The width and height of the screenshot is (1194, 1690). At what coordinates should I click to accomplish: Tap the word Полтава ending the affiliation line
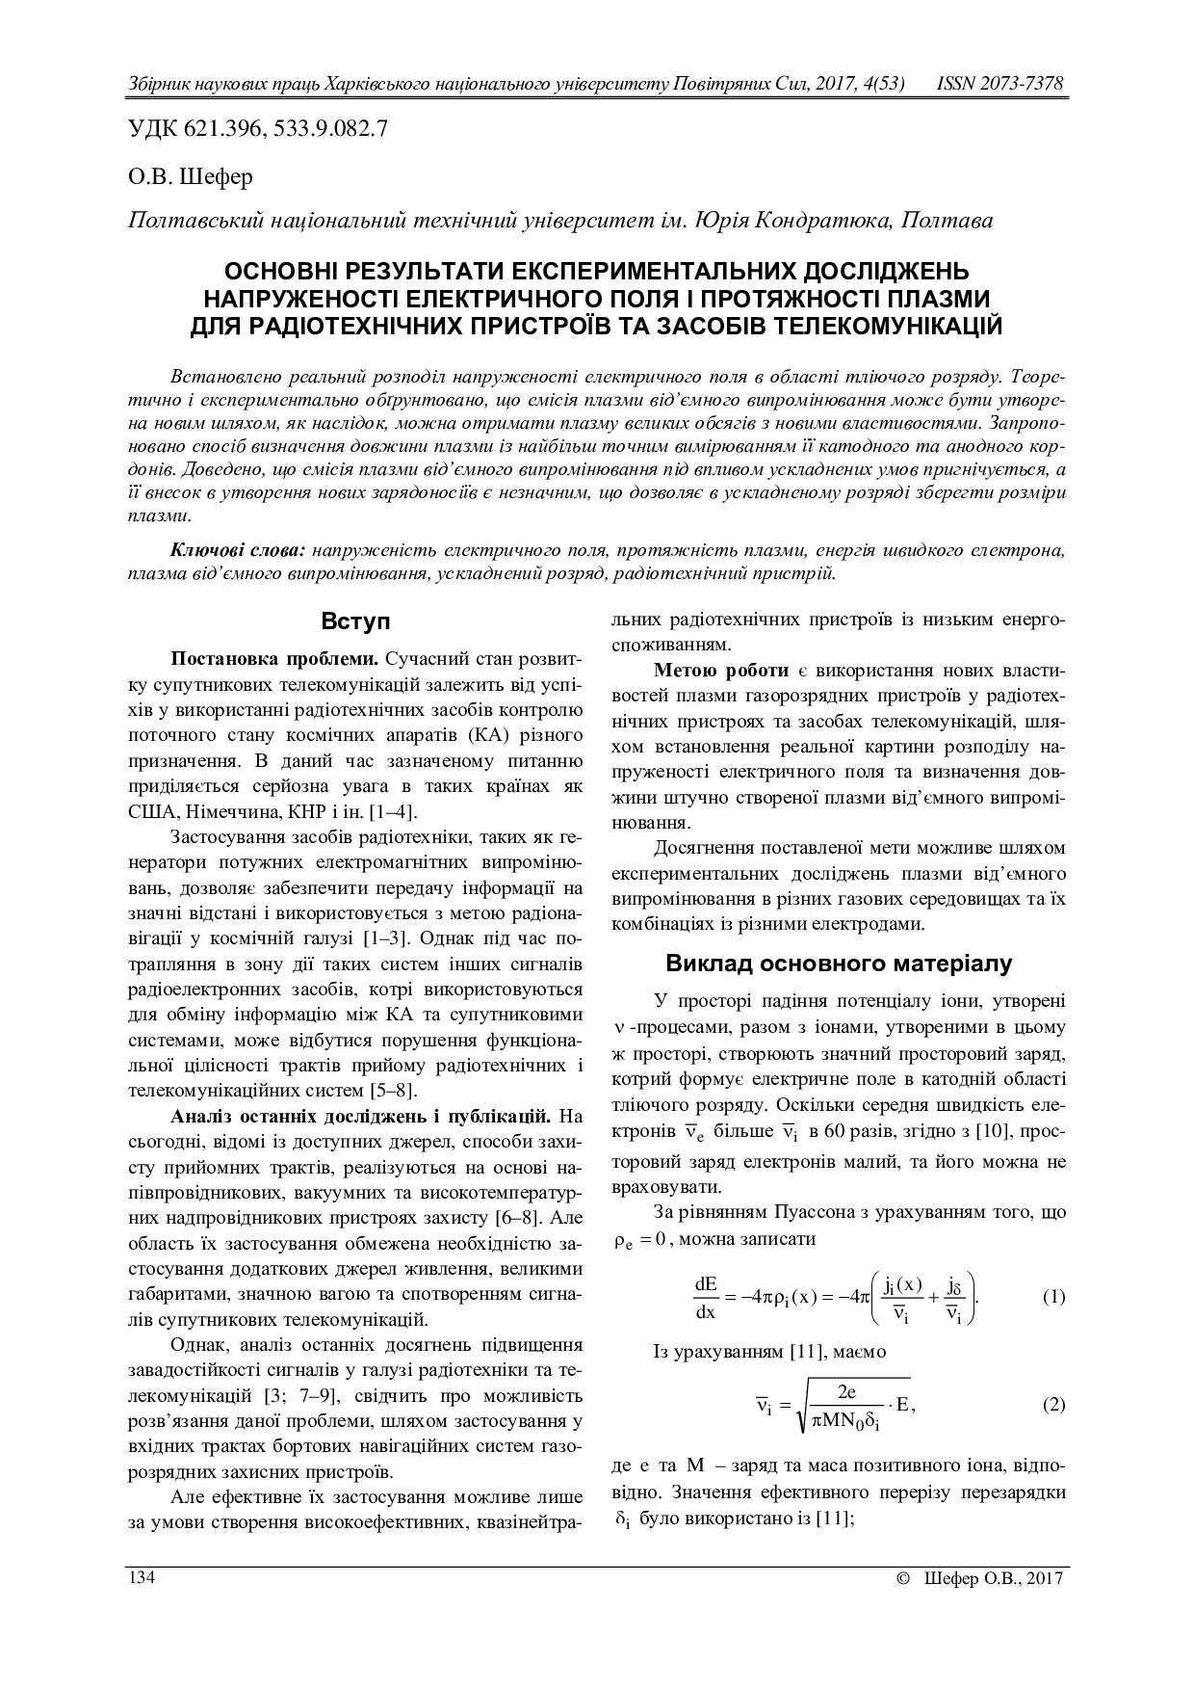click(x=949, y=221)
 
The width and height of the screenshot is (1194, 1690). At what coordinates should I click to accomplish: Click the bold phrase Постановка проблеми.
click(x=275, y=659)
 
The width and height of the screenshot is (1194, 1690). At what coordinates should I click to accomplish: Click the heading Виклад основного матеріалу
click(x=839, y=963)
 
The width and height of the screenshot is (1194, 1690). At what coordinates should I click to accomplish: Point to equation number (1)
click(x=1053, y=1297)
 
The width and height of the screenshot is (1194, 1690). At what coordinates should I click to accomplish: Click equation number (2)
click(x=1053, y=1404)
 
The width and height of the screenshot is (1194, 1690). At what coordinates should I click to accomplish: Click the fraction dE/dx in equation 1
click(x=706, y=1297)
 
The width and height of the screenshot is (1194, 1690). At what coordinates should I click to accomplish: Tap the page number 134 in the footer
click(x=143, y=1577)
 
